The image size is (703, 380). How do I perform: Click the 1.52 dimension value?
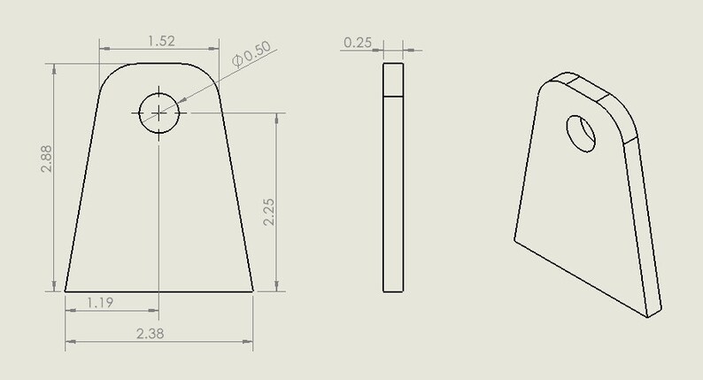click(159, 40)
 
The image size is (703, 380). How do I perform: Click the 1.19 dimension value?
click(100, 303)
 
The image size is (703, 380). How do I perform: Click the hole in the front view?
click(158, 112)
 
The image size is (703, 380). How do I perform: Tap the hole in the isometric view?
click(582, 132)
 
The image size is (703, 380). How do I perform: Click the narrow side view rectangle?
click(392, 177)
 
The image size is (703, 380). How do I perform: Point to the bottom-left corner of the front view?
click(66, 291)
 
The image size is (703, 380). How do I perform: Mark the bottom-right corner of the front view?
click(253, 291)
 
